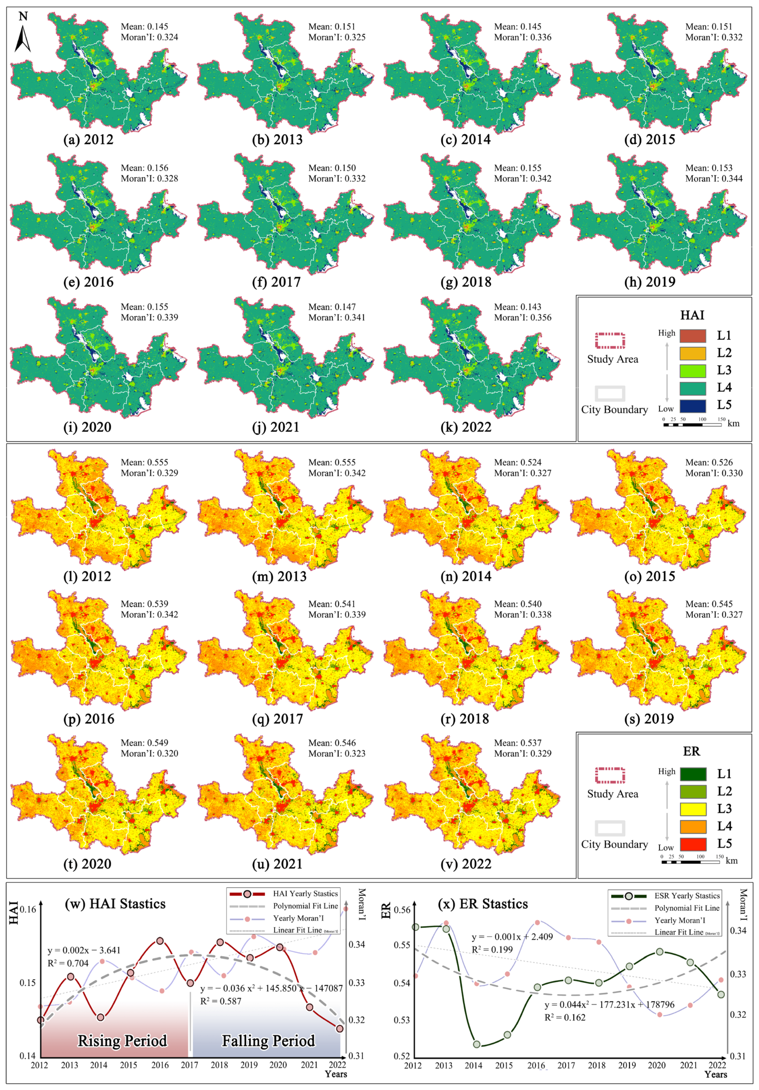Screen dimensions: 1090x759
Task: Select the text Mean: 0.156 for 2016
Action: coord(144,168)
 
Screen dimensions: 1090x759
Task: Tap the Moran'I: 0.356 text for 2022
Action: coord(523,317)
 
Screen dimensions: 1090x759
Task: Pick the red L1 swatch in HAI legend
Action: coord(693,336)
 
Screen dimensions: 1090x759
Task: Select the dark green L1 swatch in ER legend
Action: coord(693,774)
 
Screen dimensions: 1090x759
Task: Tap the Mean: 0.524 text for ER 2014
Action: coord(517,462)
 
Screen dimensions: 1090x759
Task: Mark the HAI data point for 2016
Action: coord(160,941)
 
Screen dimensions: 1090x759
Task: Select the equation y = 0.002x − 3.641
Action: coord(84,950)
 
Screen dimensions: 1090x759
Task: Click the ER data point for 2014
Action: coord(477,1044)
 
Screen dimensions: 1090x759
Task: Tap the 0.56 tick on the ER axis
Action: coord(402,910)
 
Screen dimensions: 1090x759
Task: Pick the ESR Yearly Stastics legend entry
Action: coord(687,896)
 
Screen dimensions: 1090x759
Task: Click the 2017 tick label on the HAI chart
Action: coord(189,1065)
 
